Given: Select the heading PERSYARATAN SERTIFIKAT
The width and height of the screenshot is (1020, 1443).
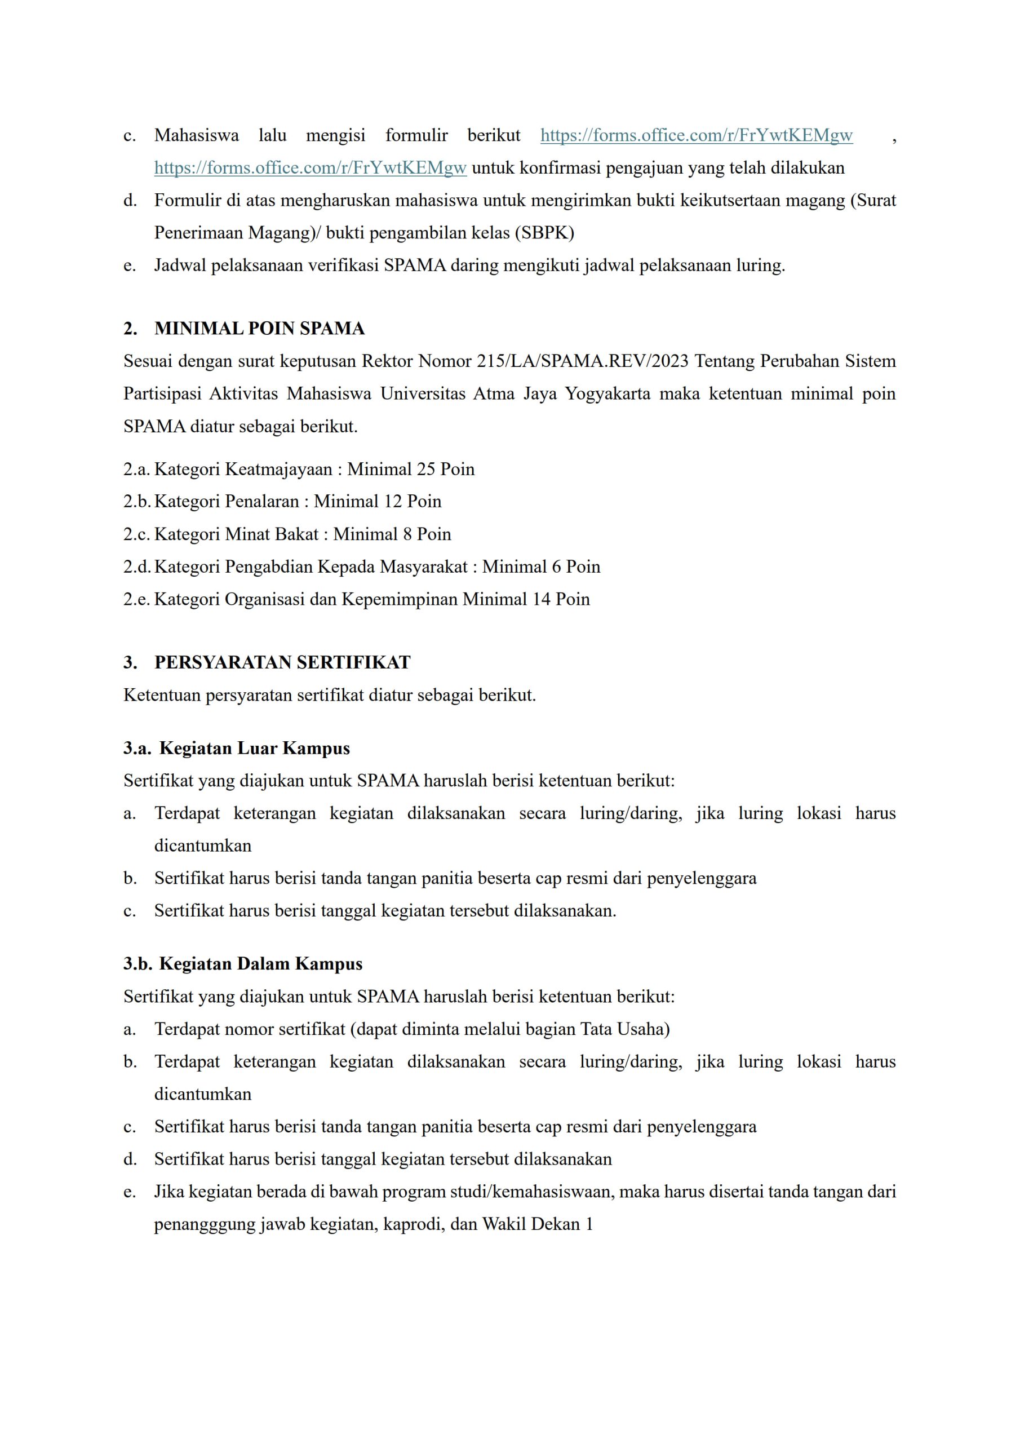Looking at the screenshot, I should (282, 662).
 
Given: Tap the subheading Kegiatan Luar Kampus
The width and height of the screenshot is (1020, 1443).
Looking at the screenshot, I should (254, 748).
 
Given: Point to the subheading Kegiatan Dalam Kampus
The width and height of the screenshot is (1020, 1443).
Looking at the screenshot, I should (260, 963).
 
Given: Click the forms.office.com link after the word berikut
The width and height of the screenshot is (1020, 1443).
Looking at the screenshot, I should (697, 135).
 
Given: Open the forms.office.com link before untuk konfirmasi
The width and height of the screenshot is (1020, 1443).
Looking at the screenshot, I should (311, 168).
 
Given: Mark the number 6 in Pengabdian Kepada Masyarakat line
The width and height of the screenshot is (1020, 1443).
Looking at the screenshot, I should (556, 567).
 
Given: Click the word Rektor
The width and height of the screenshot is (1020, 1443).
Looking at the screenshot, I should (387, 361).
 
